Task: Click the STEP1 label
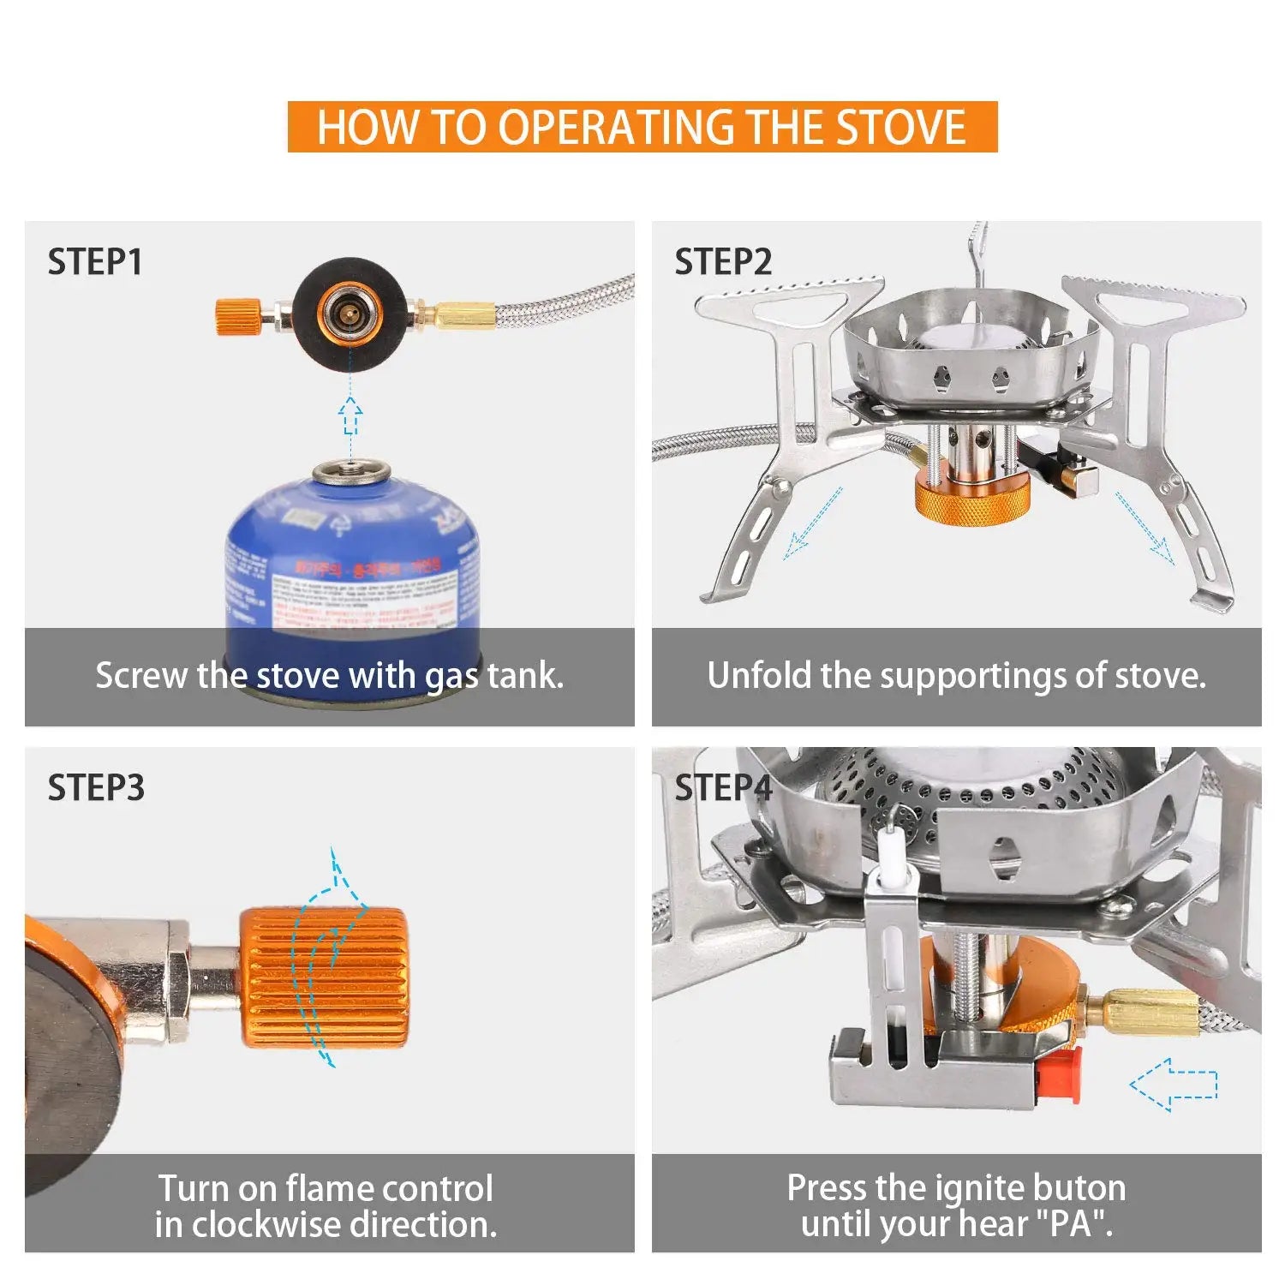(95, 262)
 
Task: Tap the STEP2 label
(723, 262)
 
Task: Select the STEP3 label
(96, 788)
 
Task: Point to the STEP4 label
(723, 788)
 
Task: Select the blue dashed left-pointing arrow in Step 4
(1174, 1085)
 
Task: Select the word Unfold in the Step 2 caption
(759, 676)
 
